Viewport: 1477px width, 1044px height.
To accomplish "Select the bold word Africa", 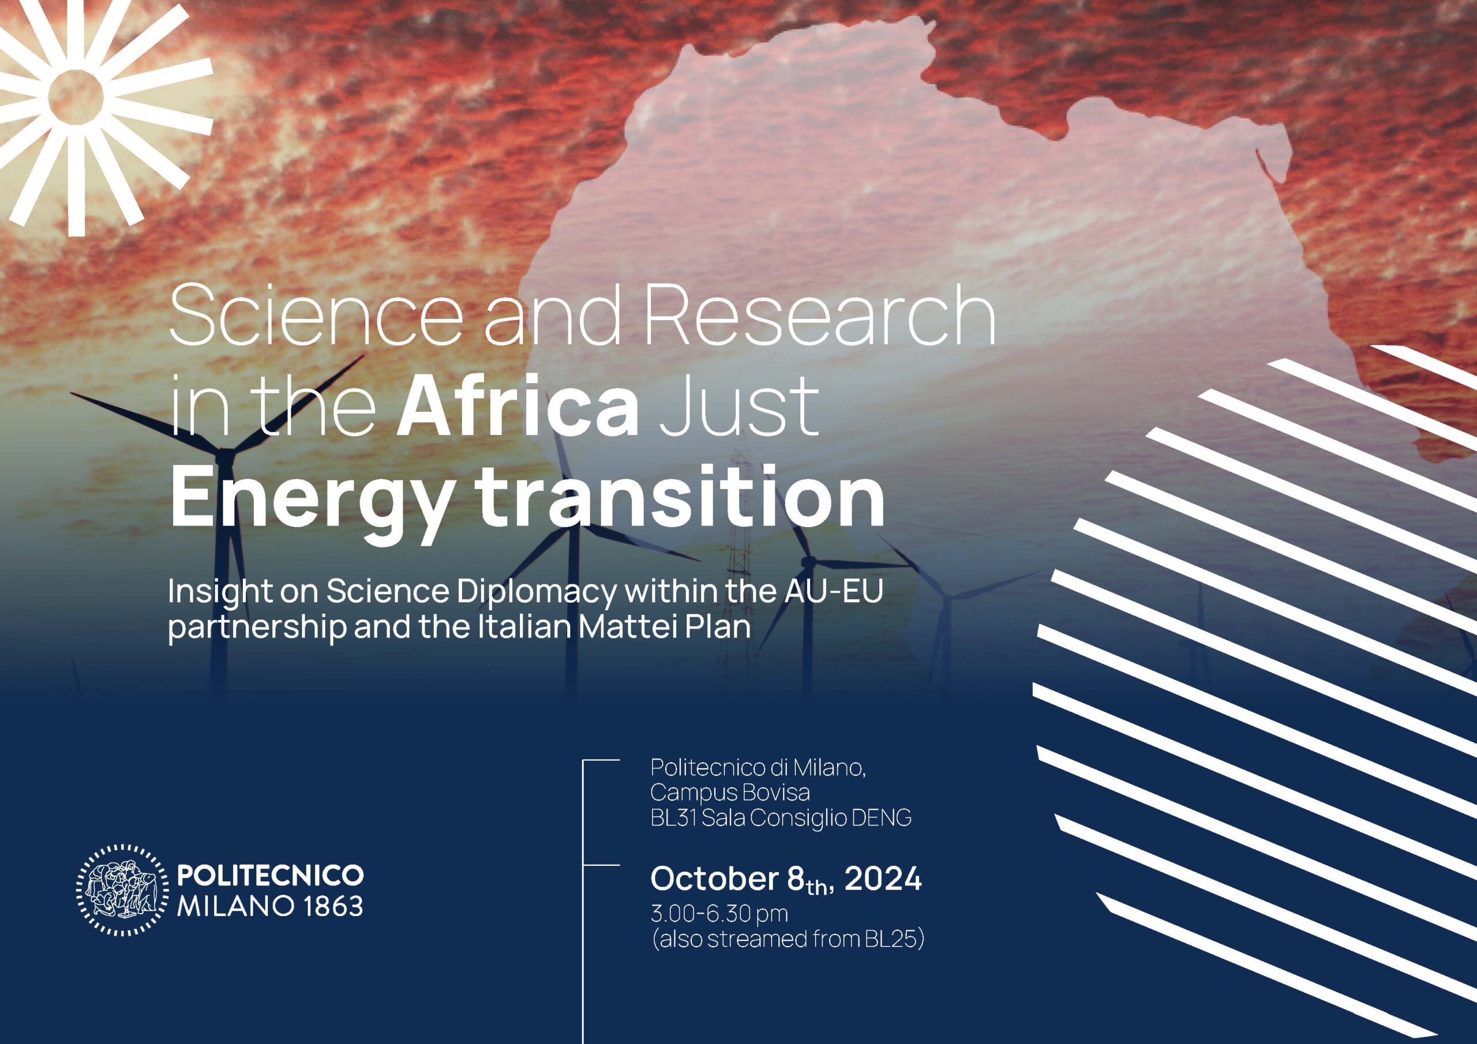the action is point(518,405).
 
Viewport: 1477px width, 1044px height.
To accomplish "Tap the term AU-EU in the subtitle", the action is point(833,591).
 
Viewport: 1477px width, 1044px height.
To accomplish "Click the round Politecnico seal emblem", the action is point(122,889).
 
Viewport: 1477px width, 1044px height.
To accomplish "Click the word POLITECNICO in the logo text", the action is point(270,875).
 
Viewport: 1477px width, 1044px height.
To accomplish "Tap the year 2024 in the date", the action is point(883,878).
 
